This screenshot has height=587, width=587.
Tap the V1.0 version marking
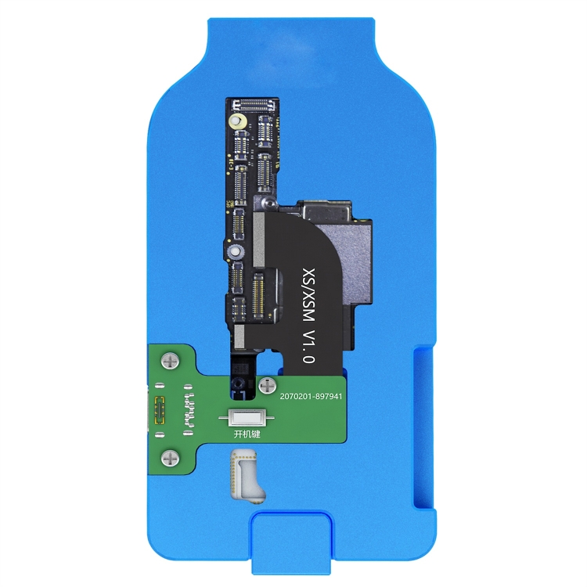[x=308, y=346]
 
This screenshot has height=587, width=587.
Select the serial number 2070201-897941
[x=304, y=397]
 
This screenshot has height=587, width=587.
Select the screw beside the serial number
[x=268, y=385]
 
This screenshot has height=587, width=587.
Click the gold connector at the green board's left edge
[x=161, y=409]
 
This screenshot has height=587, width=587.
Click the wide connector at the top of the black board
[x=256, y=104]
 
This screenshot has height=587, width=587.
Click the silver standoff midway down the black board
[x=233, y=252]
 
